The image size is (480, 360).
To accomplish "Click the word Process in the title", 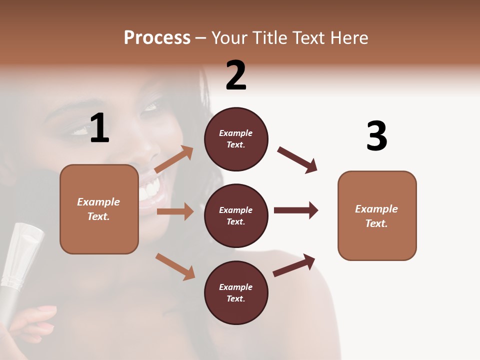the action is tap(157, 38).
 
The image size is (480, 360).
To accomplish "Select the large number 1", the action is tap(99, 128).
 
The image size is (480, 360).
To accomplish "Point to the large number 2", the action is tap(236, 75).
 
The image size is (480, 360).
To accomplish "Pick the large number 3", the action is tap(376, 136).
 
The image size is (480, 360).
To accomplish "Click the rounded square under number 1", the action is tap(99, 209).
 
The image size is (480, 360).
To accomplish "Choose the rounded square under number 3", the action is tap(377, 215).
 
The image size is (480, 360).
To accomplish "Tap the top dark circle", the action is tap(236, 139).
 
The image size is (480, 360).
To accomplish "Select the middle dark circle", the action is tap(236, 215).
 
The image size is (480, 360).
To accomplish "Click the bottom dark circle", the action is tap(236, 292).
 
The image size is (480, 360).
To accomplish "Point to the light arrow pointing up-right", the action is tap(174, 159).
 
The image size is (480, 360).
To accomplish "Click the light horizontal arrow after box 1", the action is tap(175, 211).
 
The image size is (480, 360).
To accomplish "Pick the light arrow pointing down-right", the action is tap(175, 266).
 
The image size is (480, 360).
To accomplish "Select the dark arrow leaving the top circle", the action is tap(297, 160).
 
